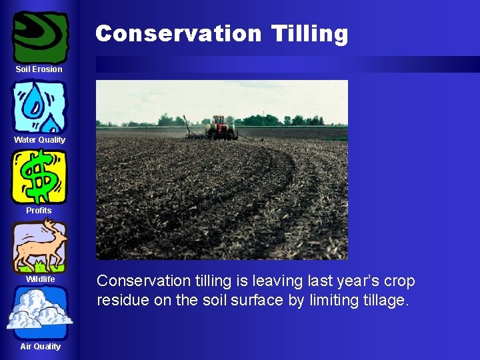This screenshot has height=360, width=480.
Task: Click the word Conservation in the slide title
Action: tap(179, 33)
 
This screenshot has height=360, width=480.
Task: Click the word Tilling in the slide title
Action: tap(309, 33)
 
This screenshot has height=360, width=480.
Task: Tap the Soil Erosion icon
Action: tap(40, 37)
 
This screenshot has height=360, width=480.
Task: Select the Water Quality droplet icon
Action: tap(39, 107)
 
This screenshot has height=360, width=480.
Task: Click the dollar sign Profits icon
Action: tap(39, 177)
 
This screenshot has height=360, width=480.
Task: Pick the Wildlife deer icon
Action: tap(39, 246)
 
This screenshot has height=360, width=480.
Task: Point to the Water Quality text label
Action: tap(39, 140)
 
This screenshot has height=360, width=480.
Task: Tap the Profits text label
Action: tap(39, 211)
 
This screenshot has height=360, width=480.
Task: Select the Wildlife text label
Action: tap(40, 279)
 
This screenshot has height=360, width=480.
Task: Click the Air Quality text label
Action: tap(40, 347)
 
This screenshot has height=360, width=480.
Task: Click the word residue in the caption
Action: tap(123, 300)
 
